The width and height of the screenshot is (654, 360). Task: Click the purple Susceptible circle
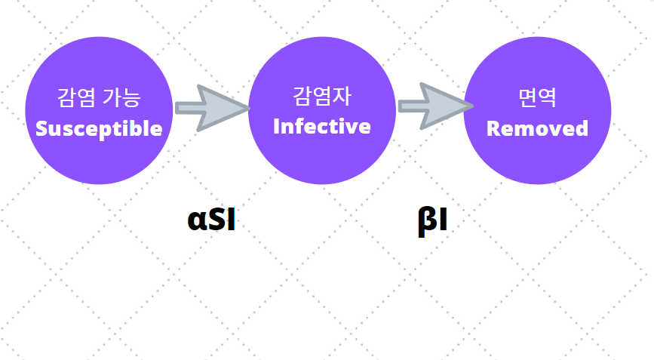point(99,111)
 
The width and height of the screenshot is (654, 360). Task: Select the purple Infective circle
point(322,111)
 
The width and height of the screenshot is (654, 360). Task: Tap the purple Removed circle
point(537,111)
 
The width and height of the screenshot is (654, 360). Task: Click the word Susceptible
point(99,128)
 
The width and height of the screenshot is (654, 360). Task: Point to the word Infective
point(322,126)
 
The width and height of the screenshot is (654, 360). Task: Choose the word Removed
point(537,128)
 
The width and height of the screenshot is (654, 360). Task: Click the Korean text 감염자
point(322,97)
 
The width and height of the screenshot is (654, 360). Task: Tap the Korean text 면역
point(537,98)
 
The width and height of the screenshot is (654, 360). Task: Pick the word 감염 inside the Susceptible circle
point(75,98)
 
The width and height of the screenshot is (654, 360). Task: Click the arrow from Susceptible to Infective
point(211,108)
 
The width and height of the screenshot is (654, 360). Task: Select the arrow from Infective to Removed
point(432,106)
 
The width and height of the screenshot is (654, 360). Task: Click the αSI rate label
point(212,220)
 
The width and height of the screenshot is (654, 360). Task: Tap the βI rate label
point(433,222)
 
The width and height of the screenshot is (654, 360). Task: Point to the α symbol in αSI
point(196,220)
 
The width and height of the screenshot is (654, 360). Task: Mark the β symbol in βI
point(425,222)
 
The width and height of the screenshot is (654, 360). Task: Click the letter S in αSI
point(214,220)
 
